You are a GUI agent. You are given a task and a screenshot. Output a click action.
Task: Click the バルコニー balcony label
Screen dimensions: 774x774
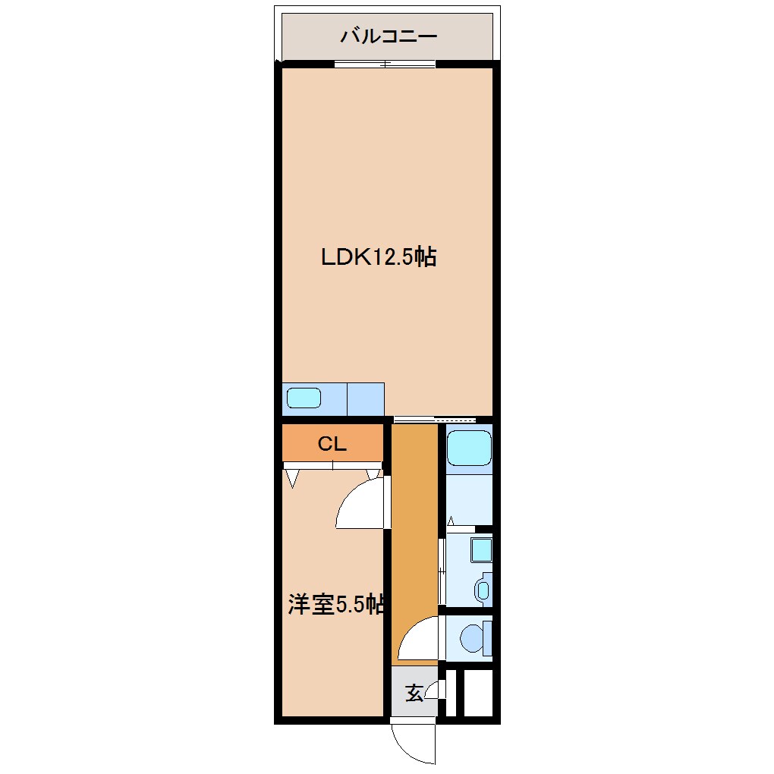388,36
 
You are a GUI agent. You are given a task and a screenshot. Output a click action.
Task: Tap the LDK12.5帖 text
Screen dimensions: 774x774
378,257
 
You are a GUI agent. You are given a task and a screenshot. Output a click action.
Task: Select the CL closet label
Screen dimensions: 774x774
332,445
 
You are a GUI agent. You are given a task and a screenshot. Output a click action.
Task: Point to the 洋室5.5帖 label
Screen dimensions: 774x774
335,605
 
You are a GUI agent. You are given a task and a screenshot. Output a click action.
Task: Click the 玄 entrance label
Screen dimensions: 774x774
414,693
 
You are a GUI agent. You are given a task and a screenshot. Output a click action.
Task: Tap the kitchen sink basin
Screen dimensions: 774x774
304,398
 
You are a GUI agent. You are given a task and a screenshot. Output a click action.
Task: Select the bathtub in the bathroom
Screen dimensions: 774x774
469,449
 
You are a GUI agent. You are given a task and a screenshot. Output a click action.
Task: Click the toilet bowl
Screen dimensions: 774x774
474,638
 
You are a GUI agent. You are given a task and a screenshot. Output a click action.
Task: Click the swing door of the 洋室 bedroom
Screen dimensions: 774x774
360,505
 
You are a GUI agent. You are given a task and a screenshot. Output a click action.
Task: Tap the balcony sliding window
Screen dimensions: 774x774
385,64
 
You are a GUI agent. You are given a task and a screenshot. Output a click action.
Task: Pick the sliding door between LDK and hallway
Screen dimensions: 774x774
435,419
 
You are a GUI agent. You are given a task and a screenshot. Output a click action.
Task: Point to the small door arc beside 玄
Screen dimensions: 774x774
433,690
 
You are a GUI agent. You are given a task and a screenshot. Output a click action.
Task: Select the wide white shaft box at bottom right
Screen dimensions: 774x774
478,692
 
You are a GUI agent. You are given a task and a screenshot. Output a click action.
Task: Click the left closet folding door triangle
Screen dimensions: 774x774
292,478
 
